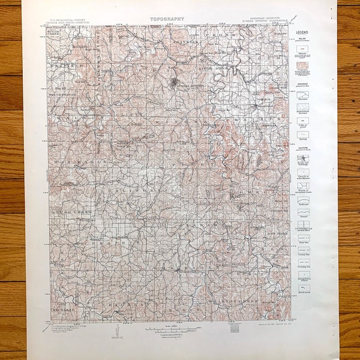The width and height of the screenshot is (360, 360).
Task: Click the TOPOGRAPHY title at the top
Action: point(169,19)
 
